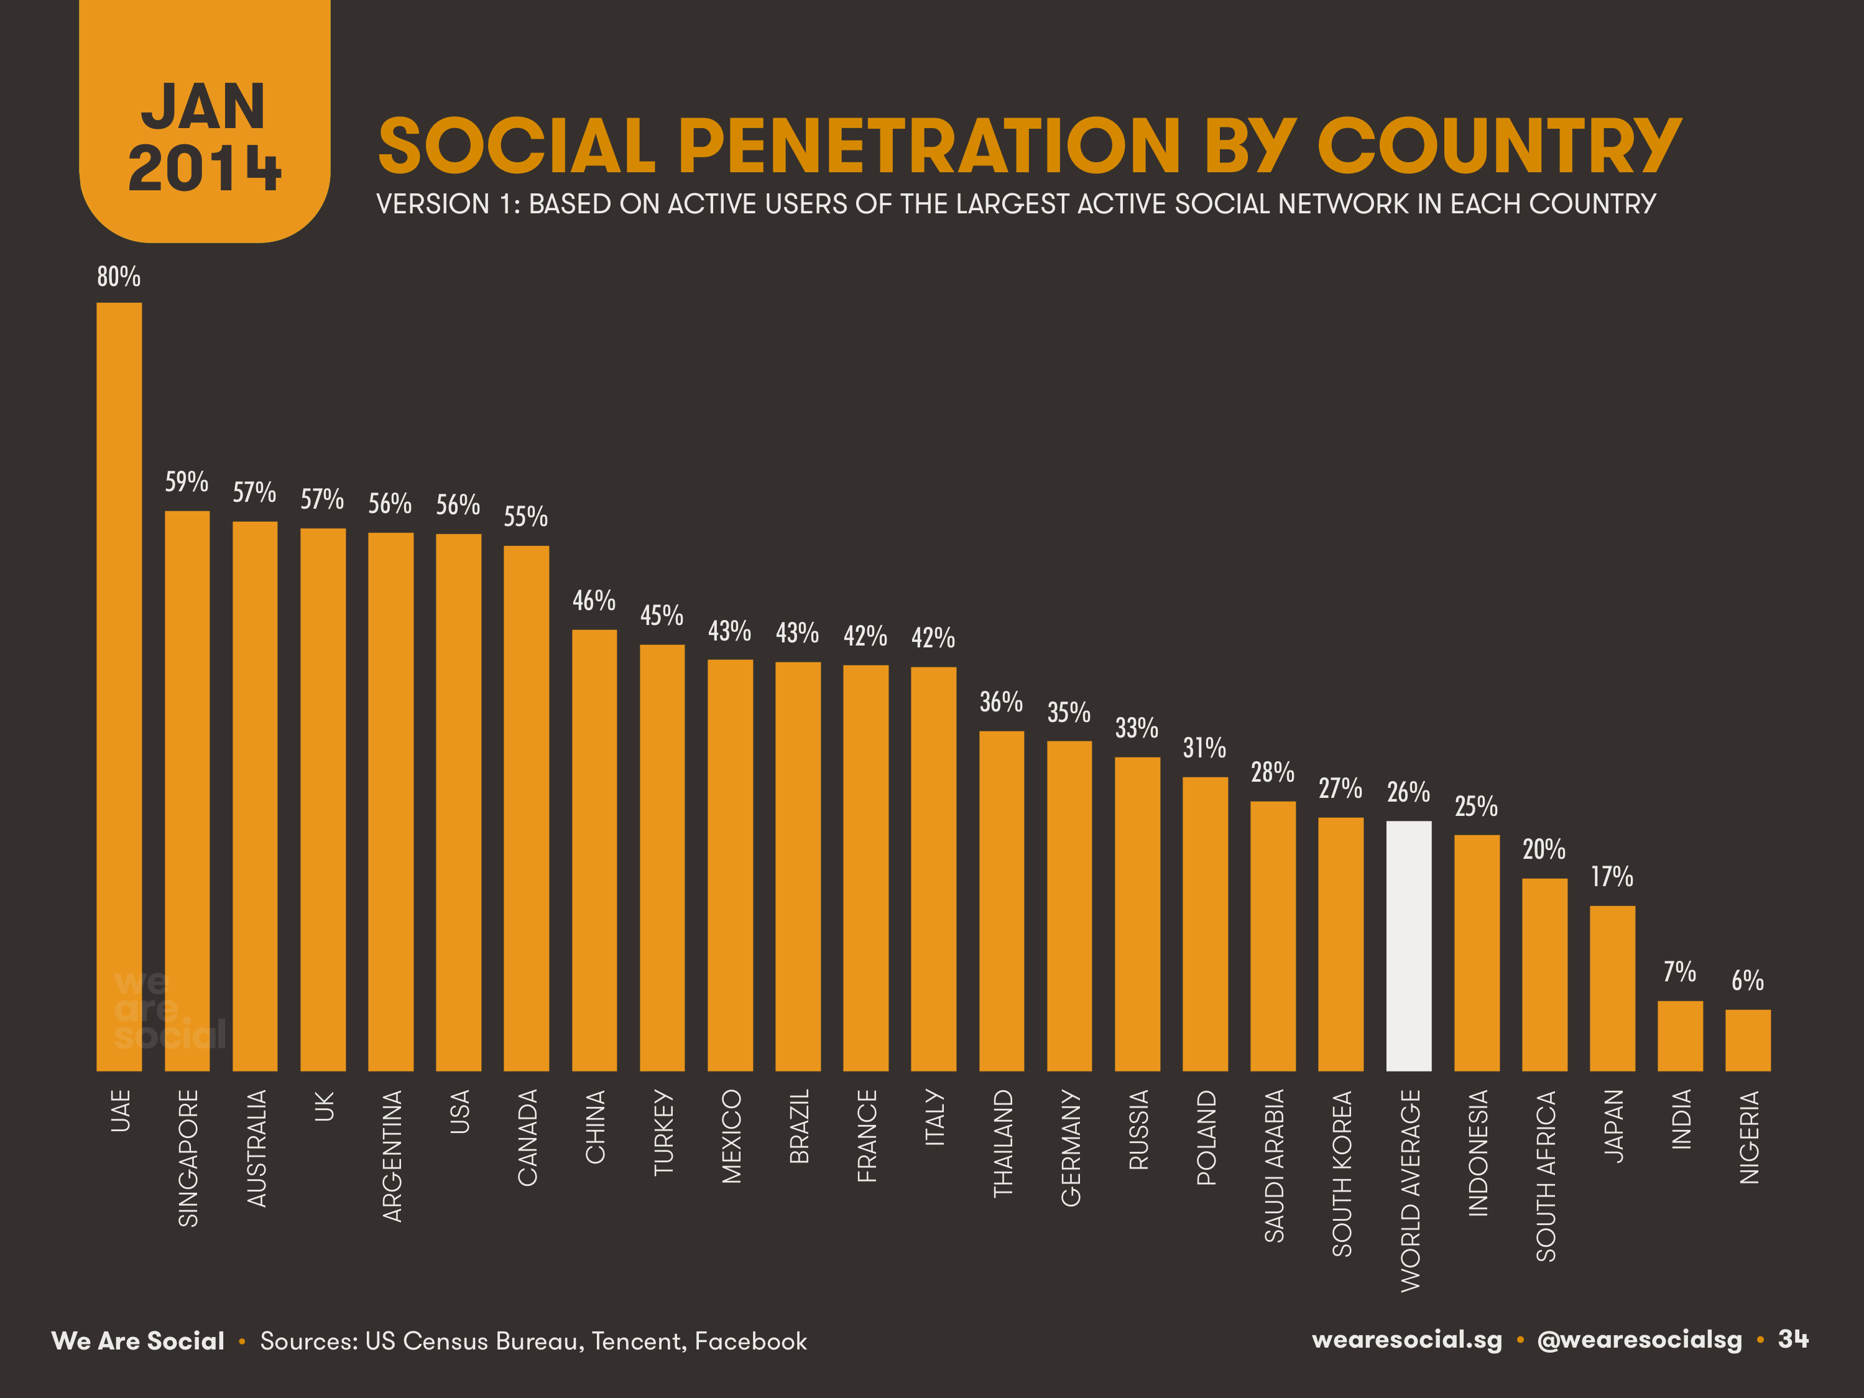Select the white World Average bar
1408,945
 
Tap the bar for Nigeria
1748,1040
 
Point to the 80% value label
119,276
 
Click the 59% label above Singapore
187,482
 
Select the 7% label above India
1679,971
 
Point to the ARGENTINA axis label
392,1155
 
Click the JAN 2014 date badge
204,135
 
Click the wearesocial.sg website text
1406,1340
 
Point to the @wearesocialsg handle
1639,1340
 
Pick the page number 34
1793,1339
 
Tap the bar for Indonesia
1477,952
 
